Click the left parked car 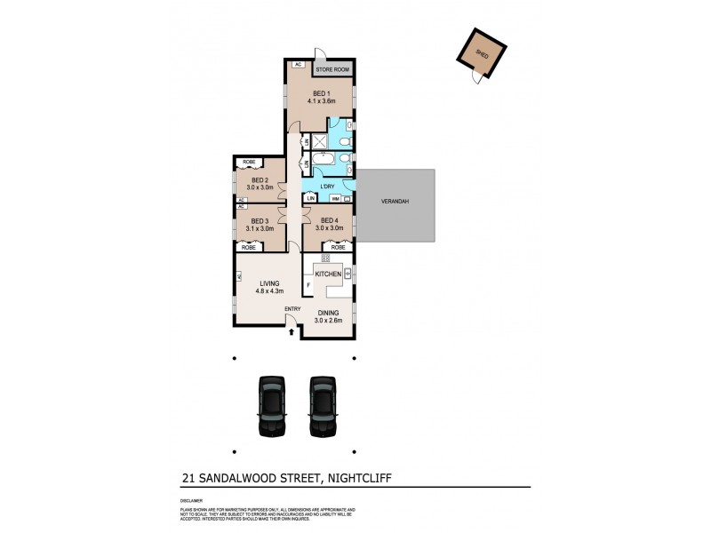[271, 405]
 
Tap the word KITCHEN [328, 275]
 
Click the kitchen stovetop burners [325, 258]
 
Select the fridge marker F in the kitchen [308, 284]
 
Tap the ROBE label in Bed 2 [250, 163]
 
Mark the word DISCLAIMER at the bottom [192, 501]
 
